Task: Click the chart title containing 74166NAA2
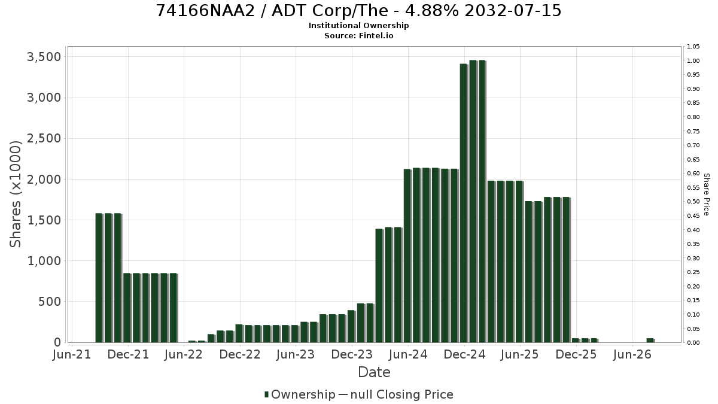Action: pos(358,11)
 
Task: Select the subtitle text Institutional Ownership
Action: pos(358,26)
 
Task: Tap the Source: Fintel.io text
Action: pos(358,35)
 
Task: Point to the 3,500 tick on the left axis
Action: pos(44,57)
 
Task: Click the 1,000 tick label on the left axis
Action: pos(44,261)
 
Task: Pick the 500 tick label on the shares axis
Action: pos(49,302)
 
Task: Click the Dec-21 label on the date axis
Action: pos(128,354)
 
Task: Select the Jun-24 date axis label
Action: pos(408,354)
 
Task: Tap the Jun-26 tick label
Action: pos(632,354)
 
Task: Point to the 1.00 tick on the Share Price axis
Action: pos(693,61)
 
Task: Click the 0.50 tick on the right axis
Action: pos(693,201)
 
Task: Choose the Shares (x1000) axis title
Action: pos(15,194)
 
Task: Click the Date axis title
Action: pos(374,372)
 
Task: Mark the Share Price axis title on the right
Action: pos(707,195)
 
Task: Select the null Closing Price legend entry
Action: pos(396,394)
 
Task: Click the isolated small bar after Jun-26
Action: pos(650,340)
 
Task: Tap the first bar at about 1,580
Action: pos(99,278)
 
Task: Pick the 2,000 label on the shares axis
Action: pos(44,179)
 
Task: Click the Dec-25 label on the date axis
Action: pos(576,354)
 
